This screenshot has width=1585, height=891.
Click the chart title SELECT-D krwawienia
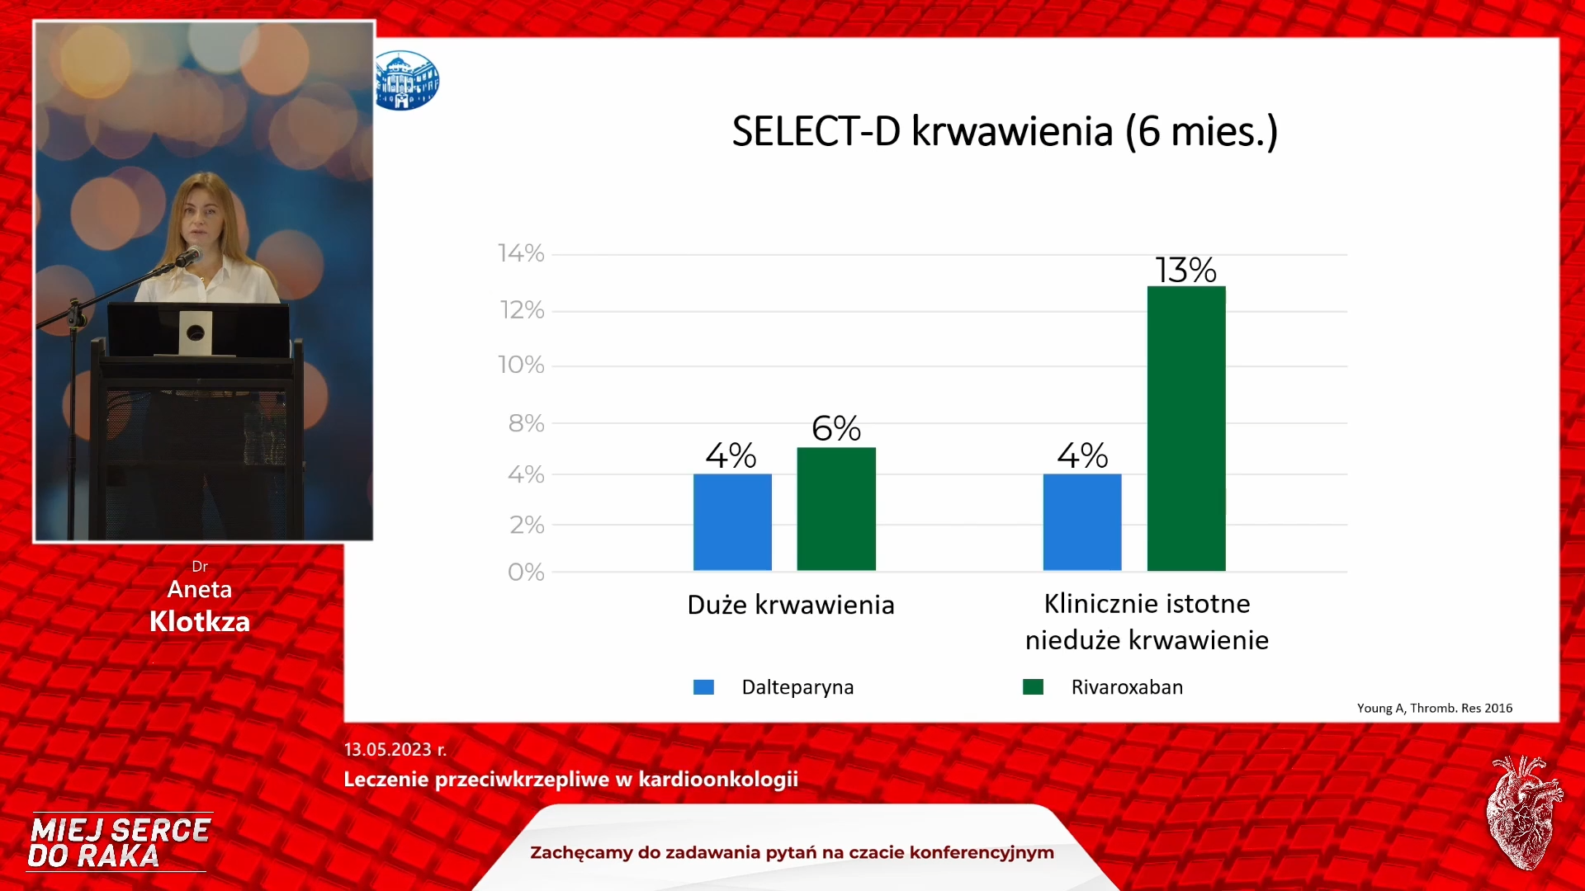point(1005,132)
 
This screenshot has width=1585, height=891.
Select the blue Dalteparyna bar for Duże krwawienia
point(732,522)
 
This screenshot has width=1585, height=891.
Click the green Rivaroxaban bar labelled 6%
point(836,509)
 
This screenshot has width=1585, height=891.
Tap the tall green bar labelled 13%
point(1186,428)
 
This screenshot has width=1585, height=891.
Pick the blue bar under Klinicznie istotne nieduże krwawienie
point(1082,522)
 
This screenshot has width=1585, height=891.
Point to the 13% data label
point(1185,270)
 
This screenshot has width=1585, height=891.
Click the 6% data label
point(836,428)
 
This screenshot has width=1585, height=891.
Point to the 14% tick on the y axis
point(521,253)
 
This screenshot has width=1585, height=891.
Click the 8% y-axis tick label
point(526,423)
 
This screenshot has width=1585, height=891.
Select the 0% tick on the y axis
point(526,572)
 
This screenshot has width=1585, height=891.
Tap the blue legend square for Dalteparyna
point(703,687)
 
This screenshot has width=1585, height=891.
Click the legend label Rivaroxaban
point(1127,687)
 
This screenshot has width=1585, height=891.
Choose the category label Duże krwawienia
point(791,605)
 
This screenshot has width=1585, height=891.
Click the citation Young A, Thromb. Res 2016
point(1435,708)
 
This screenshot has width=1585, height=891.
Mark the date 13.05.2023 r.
point(395,749)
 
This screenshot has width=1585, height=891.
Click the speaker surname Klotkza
point(200,621)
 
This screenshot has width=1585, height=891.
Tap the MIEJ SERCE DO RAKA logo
point(120,842)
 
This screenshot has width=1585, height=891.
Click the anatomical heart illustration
point(1524,813)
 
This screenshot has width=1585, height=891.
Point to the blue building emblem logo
point(407,80)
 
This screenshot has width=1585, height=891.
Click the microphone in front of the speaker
point(188,257)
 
